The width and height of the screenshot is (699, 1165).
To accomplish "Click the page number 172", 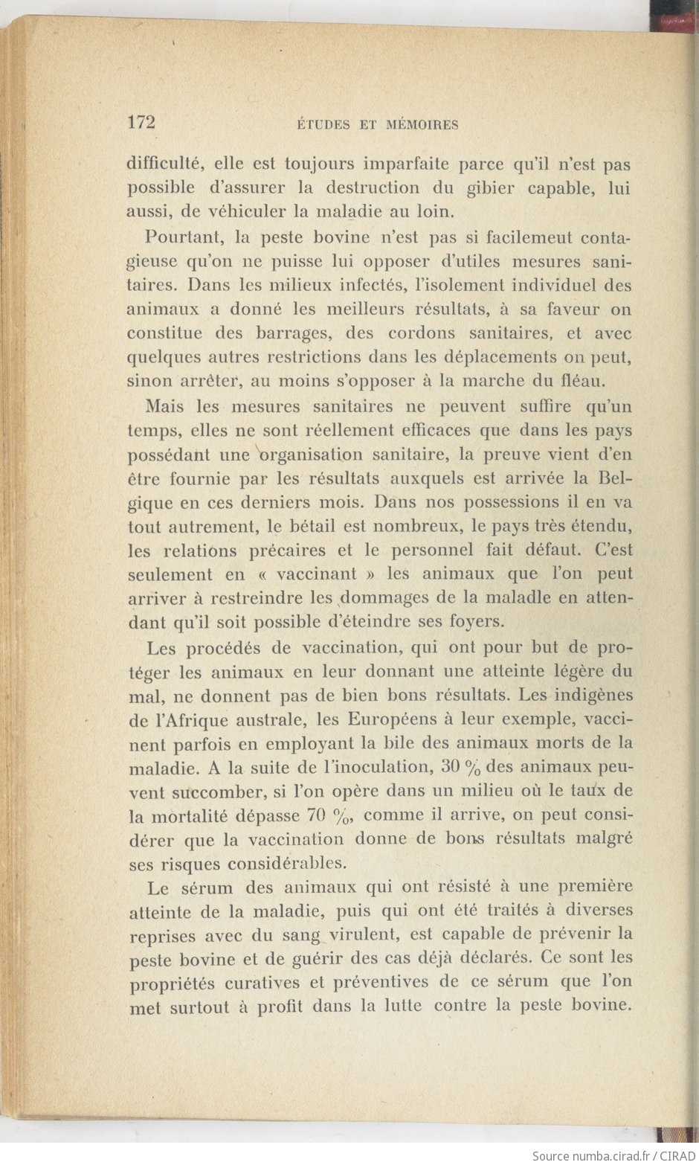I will pos(141,123).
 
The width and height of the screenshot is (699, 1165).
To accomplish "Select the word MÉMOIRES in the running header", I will pos(422,125).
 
